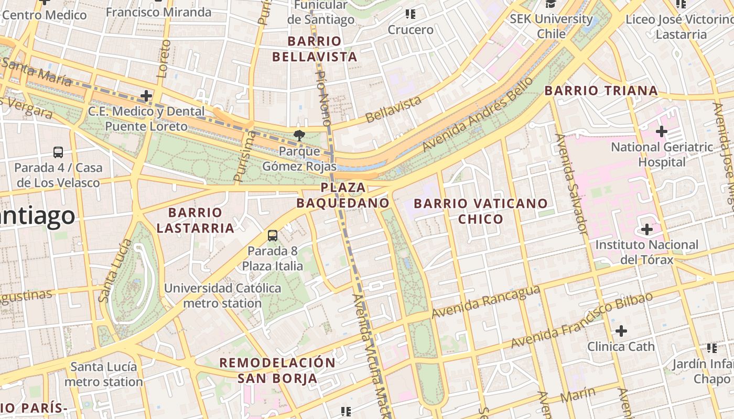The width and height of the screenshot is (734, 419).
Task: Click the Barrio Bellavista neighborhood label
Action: (322, 49)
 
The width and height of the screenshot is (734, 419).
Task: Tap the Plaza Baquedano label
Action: (343, 195)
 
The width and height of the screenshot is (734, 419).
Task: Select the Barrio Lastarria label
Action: (195, 220)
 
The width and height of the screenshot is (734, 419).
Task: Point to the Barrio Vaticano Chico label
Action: (481, 211)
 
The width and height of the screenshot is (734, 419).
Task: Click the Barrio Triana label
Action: (601, 91)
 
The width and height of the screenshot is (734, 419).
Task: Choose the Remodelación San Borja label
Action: (277, 370)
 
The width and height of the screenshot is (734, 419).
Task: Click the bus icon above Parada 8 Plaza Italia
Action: (273, 236)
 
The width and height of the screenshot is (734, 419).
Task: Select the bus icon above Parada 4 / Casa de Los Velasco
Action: (58, 152)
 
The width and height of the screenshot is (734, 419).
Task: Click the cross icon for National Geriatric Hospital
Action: (662, 131)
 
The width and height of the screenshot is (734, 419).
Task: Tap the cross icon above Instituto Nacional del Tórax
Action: (647, 229)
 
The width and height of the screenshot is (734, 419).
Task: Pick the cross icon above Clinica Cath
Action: (621, 331)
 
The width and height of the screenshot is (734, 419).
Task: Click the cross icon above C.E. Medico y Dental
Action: (146, 96)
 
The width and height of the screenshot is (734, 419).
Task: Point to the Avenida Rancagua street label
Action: (485, 301)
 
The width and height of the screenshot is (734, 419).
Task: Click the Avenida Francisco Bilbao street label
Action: (582, 319)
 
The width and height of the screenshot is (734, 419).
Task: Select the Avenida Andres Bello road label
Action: (478, 114)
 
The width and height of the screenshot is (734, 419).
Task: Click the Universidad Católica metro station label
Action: (222, 295)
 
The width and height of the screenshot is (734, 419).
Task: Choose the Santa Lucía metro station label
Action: (104, 374)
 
